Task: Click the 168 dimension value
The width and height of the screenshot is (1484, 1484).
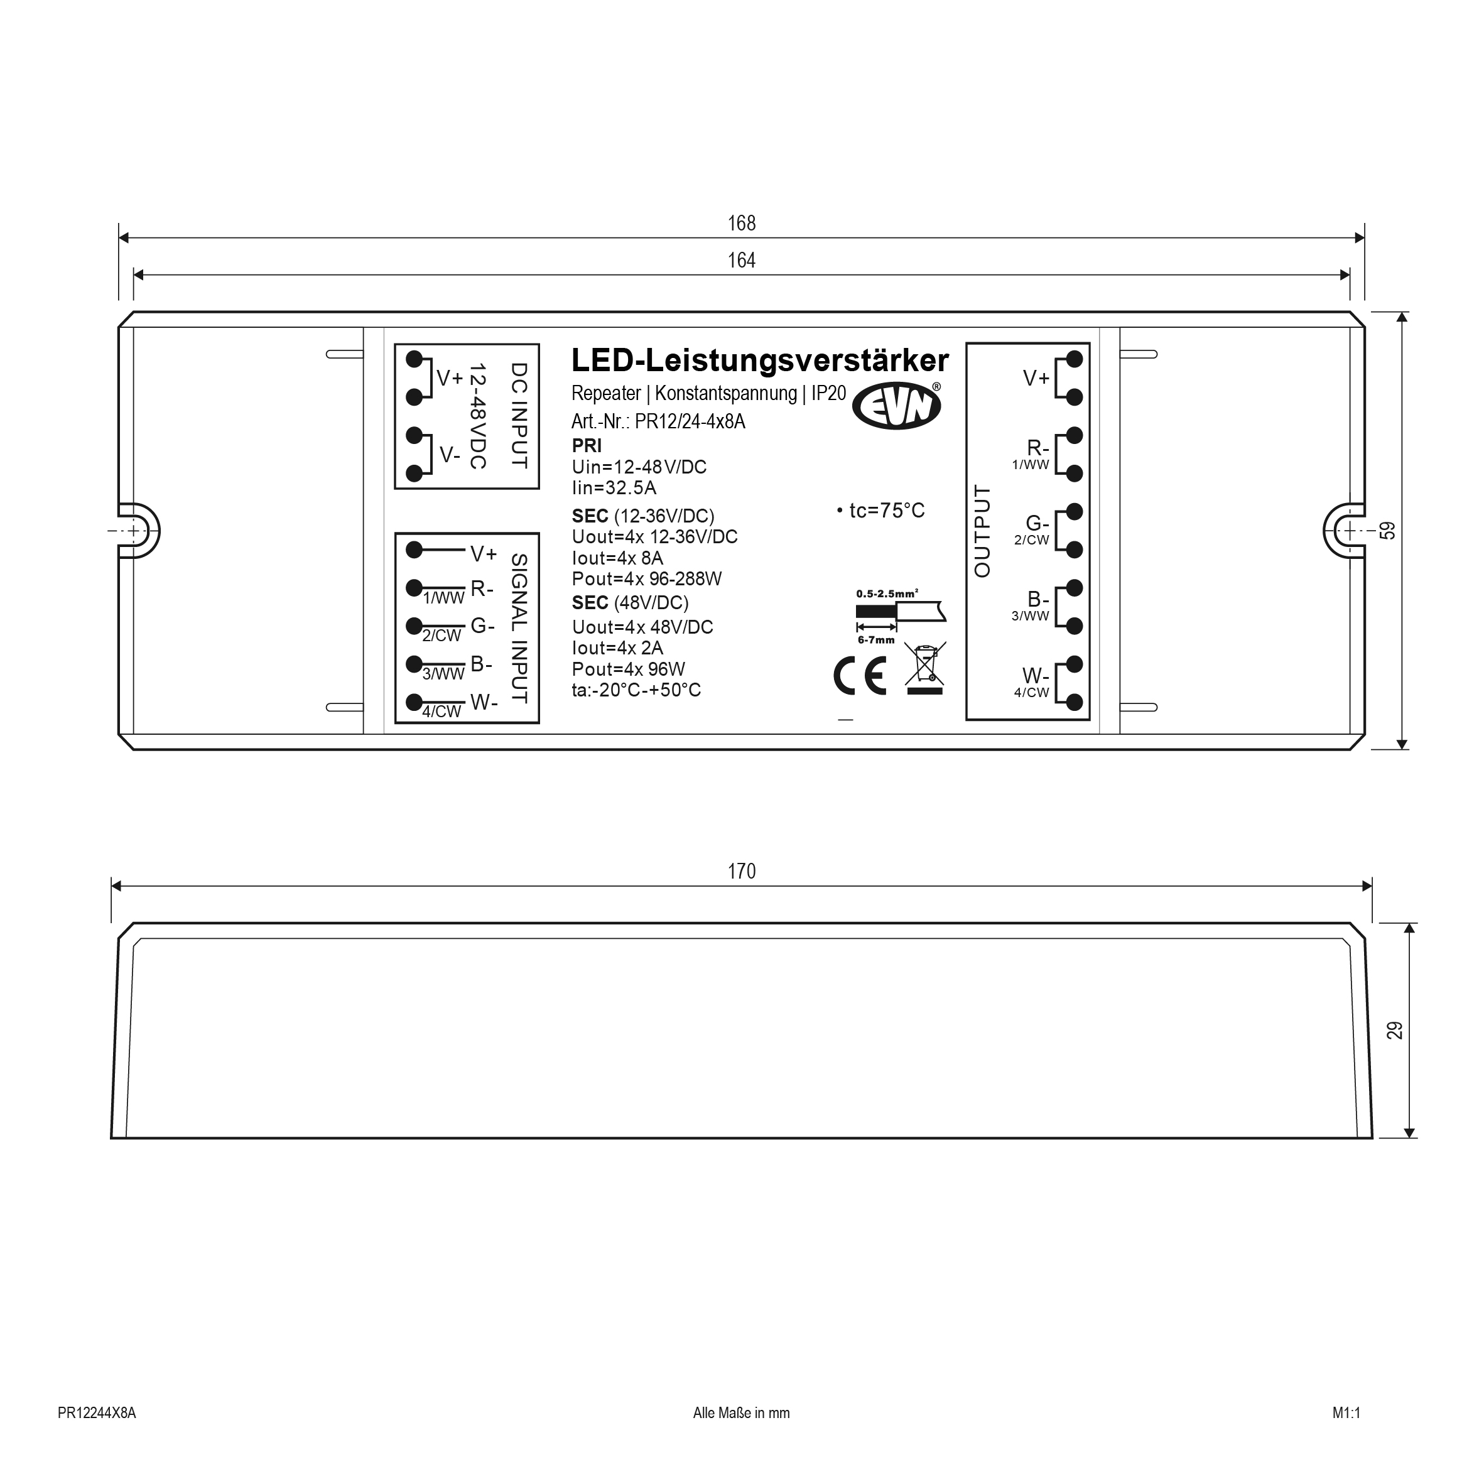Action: pyautogui.click(x=741, y=223)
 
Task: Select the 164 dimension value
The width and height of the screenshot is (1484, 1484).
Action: pyautogui.click(x=741, y=261)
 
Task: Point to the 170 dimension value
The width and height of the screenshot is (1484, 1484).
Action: pyautogui.click(x=741, y=871)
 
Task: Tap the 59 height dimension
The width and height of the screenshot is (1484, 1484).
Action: pyautogui.click(x=1387, y=531)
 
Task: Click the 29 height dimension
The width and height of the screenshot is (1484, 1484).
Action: pyautogui.click(x=1394, y=1030)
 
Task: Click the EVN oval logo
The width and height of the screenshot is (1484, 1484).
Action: pyautogui.click(x=896, y=405)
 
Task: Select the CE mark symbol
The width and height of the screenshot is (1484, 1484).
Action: pyautogui.click(x=860, y=676)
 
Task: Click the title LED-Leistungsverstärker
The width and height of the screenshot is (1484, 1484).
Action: pyautogui.click(x=760, y=360)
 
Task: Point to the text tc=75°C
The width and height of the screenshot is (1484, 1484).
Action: pyautogui.click(x=880, y=510)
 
